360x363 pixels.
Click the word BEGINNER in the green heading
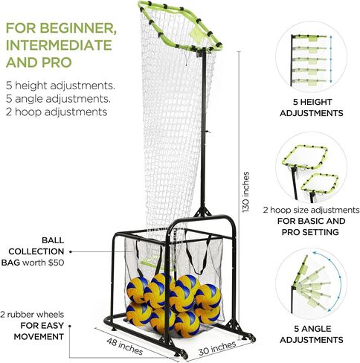[78, 28]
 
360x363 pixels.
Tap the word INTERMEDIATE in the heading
[59, 45]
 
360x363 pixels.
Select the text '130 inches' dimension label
[245, 192]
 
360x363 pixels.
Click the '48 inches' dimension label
[125, 347]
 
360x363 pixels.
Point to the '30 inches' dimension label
[217, 348]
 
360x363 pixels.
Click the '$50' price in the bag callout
[57, 263]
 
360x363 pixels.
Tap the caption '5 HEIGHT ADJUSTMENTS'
[312, 107]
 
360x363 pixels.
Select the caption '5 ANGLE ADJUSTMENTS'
[312, 334]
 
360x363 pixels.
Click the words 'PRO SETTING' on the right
[310, 232]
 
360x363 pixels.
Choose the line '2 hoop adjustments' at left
[57, 112]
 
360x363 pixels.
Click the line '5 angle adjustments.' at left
[58, 99]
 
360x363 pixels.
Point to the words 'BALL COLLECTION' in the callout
[36, 246]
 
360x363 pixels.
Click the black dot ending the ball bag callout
[71, 251]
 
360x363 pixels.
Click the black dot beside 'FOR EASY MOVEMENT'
[70, 326]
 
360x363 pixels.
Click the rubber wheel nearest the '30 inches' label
[251, 338]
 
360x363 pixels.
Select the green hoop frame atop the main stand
[179, 25]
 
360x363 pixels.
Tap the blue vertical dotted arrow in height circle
[330, 60]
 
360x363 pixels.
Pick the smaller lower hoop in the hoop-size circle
[320, 184]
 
